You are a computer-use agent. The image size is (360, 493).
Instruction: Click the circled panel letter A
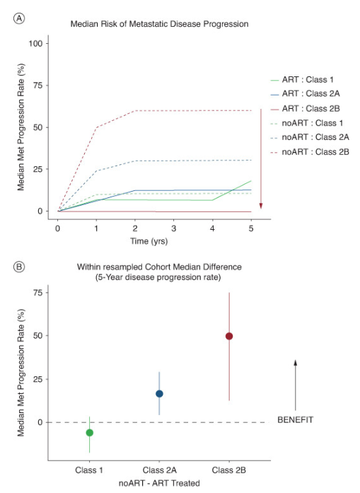(x=19, y=18)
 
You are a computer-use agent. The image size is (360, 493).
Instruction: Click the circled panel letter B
(x=19, y=267)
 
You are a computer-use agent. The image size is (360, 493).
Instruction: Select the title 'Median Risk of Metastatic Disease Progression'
(x=159, y=24)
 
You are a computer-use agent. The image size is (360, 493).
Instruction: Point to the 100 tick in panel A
(x=35, y=43)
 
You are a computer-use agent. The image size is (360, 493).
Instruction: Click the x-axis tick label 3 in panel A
(x=173, y=228)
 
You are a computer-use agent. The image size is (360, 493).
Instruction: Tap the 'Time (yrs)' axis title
(x=149, y=241)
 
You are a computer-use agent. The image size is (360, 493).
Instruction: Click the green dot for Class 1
(x=90, y=433)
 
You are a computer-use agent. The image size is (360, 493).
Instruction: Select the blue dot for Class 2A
(x=159, y=394)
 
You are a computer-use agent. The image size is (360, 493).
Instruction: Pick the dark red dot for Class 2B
(x=229, y=336)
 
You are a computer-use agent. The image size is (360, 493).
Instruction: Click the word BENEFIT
(x=295, y=420)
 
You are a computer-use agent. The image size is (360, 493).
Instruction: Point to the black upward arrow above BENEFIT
(x=295, y=385)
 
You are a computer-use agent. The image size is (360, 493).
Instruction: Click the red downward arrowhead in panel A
(x=261, y=206)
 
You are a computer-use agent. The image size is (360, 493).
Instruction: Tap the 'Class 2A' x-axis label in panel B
(x=159, y=470)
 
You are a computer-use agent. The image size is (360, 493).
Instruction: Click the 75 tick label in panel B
(x=37, y=293)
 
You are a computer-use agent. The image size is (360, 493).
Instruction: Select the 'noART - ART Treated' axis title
(x=159, y=483)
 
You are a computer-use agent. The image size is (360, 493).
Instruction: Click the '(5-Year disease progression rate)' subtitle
(x=158, y=278)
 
